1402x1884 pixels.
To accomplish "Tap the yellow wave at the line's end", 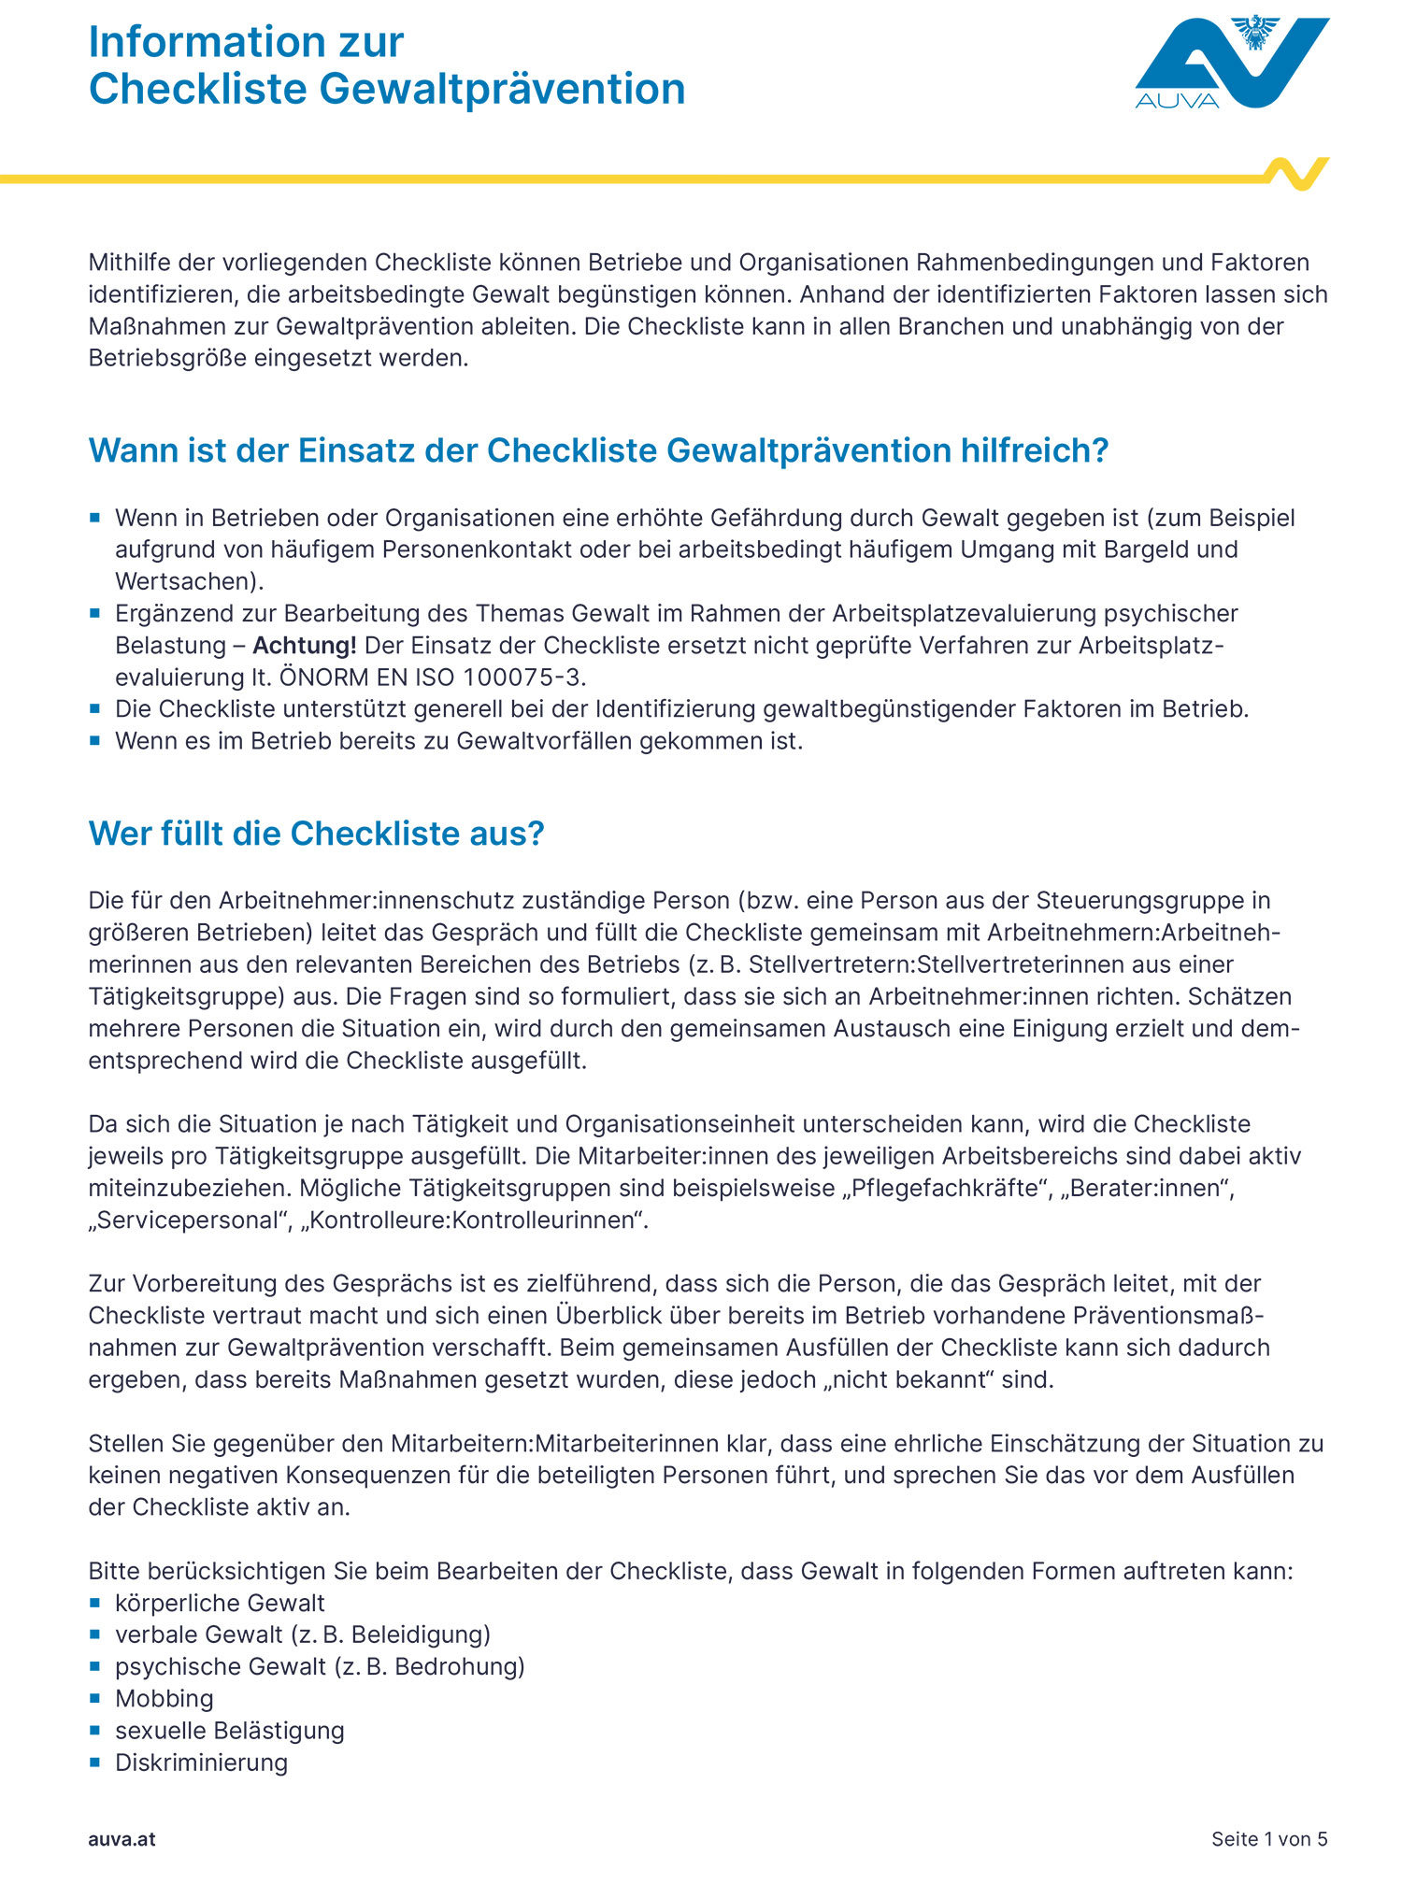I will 1297,174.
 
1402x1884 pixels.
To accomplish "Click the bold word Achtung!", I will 305,646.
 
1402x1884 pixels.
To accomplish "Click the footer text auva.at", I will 122,1839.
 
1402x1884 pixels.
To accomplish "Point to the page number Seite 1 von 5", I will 1268,1839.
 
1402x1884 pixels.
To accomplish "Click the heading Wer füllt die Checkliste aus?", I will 316,834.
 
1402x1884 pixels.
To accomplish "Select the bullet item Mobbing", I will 164,1699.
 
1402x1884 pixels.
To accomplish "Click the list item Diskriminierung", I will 201,1763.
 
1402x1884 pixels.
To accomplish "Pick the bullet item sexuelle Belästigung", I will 229,1731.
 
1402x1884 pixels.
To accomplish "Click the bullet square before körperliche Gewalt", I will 94,1603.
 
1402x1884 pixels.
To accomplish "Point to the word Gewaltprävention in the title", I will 502,90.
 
